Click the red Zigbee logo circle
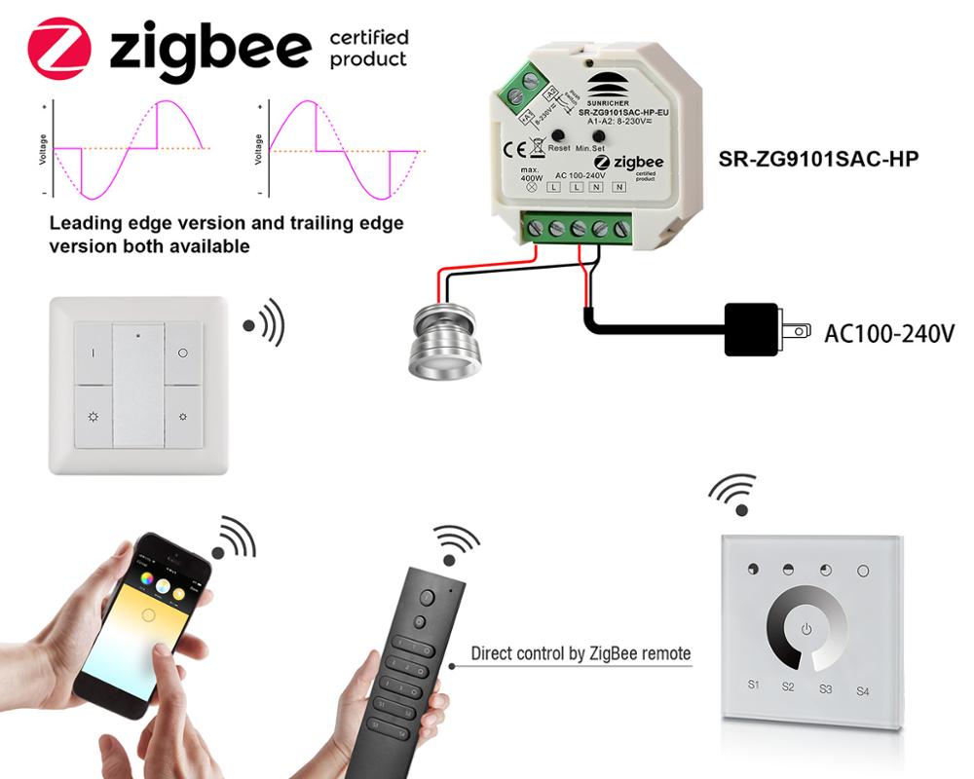[59, 48]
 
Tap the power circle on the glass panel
[805, 628]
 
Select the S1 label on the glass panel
[753, 685]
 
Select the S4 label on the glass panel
[862, 691]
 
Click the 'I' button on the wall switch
[94, 353]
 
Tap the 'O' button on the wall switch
[183, 352]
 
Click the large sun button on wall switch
[94, 417]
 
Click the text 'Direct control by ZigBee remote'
[581, 653]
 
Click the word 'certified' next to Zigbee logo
[369, 38]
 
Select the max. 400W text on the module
[531, 178]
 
